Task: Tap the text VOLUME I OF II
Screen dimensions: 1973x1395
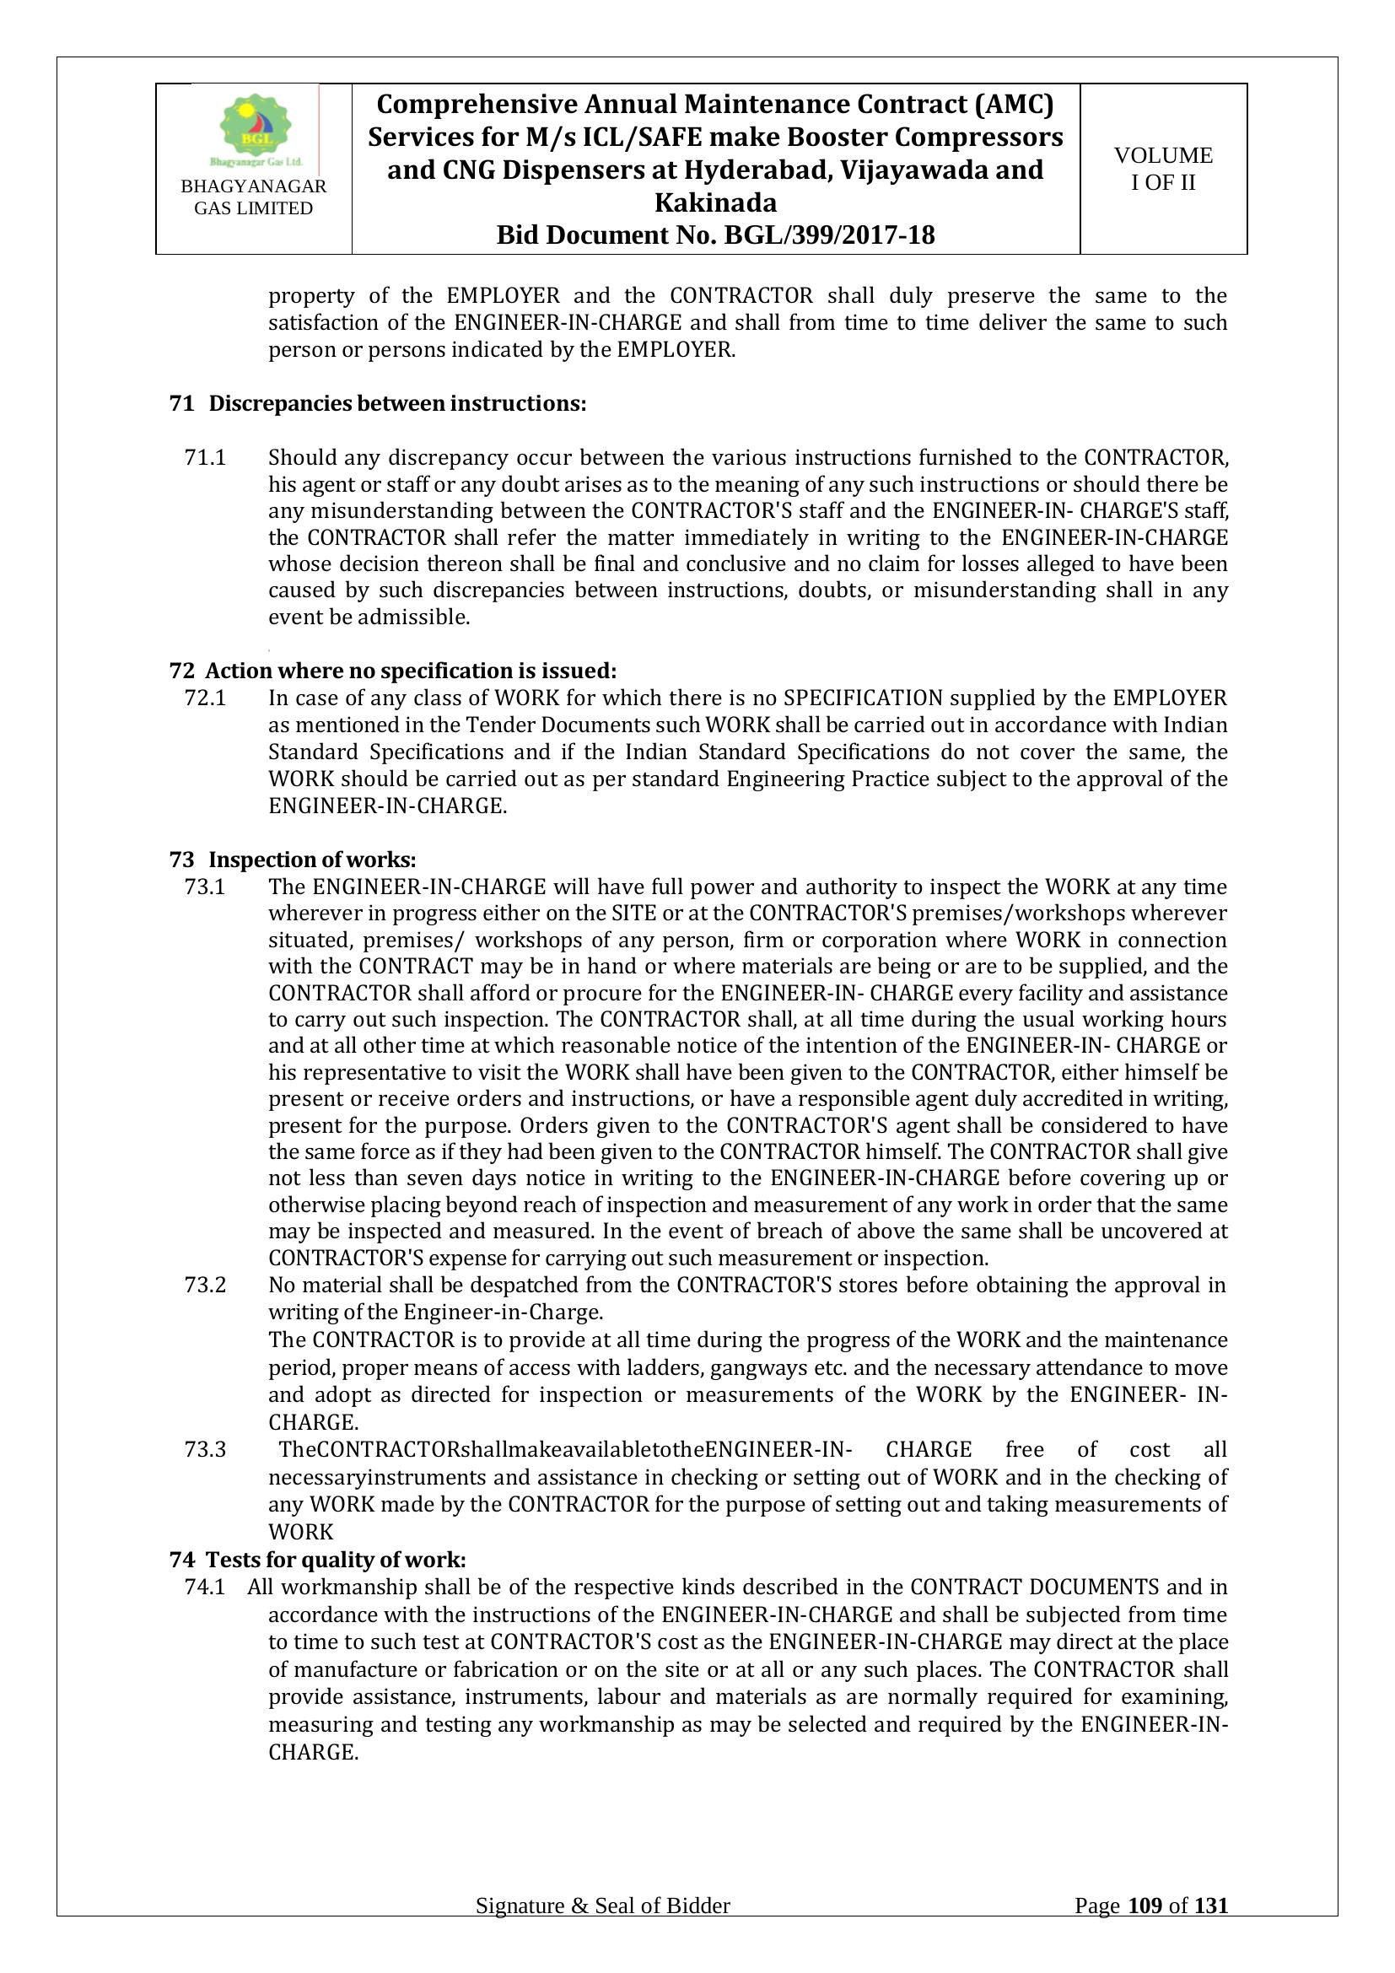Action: click(1163, 169)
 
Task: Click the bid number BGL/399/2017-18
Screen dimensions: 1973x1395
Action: click(830, 235)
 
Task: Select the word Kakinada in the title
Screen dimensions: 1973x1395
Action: click(715, 202)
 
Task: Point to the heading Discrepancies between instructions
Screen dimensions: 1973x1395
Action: click(398, 404)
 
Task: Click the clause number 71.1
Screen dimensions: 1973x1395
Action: click(205, 457)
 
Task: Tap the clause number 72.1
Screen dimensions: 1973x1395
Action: click(205, 697)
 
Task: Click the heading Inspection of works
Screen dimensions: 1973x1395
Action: click(313, 860)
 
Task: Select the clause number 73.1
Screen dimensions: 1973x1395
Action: click(205, 886)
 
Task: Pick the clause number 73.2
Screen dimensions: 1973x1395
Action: click(205, 1285)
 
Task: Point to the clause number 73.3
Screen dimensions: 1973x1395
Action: click(205, 1450)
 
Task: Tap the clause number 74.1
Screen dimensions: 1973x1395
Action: click(205, 1587)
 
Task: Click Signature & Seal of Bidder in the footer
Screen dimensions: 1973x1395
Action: click(603, 1906)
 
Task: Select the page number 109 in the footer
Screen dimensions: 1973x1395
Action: click(1145, 1906)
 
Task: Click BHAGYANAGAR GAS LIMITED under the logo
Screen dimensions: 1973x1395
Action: click(253, 197)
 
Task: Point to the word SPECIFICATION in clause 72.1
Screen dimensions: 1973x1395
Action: click(867, 697)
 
